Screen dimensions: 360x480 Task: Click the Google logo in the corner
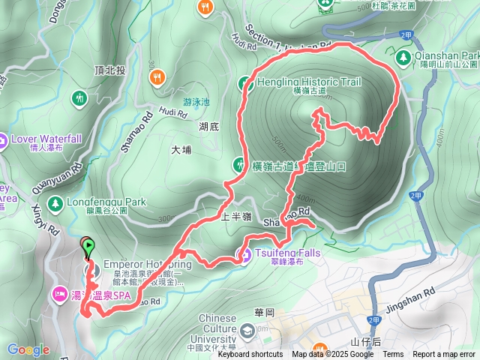coord(28,349)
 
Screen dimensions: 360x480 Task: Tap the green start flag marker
coord(88,245)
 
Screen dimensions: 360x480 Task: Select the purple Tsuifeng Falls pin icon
coord(244,255)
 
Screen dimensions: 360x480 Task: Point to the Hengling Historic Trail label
coord(308,82)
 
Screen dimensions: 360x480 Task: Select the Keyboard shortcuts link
coord(246,355)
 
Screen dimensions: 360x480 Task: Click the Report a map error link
coord(443,355)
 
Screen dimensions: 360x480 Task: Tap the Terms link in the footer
coord(393,355)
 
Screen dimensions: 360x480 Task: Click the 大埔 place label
coord(181,150)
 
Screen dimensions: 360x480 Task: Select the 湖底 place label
coord(209,127)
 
